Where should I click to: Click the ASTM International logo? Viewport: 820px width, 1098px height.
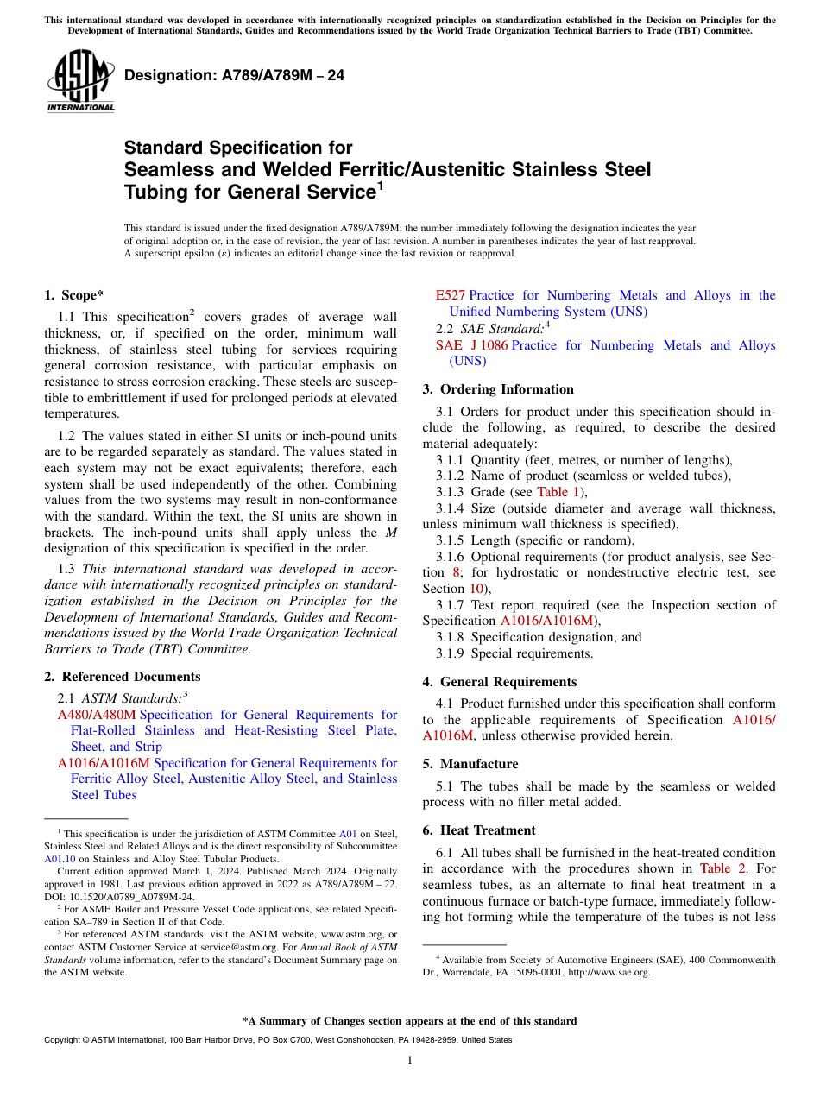click(x=80, y=80)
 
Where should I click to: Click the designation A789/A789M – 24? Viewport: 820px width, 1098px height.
click(x=234, y=75)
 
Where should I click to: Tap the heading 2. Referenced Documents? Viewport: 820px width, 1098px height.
click(x=123, y=677)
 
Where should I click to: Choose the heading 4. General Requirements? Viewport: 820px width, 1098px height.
click(x=500, y=682)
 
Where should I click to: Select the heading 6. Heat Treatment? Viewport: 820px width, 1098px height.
click(x=479, y=830)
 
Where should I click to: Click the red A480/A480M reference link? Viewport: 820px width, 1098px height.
click(x=97, y=715)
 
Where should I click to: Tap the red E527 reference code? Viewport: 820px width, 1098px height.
click(x=451, y=296)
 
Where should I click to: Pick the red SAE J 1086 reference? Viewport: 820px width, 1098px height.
click(x=472, y=345)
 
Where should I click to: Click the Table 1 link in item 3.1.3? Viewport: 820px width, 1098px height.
click(x=558, y=492)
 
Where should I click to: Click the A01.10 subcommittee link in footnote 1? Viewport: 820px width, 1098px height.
click(x=60, y=859)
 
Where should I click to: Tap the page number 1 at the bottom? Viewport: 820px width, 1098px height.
click(x=410, y=1061)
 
